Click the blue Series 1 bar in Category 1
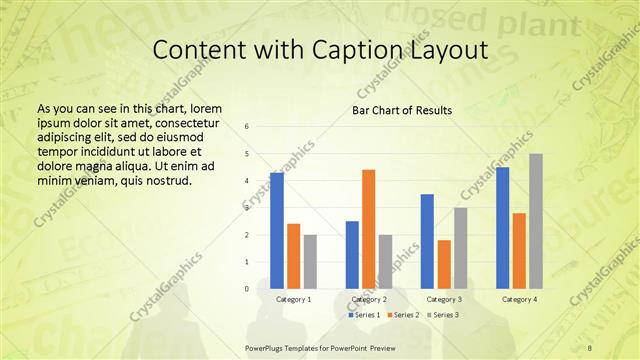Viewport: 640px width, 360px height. [277, 230]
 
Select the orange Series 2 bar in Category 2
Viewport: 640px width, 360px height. [369, 229]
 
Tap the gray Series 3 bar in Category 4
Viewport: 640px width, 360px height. [536, 221]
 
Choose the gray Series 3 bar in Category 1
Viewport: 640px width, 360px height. [310, 261]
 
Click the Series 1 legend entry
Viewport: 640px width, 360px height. [364, 315]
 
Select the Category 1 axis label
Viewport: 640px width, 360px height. [294, 299]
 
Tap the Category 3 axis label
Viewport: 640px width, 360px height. [444, 299]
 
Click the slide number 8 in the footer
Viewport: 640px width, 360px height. [590, 347]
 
